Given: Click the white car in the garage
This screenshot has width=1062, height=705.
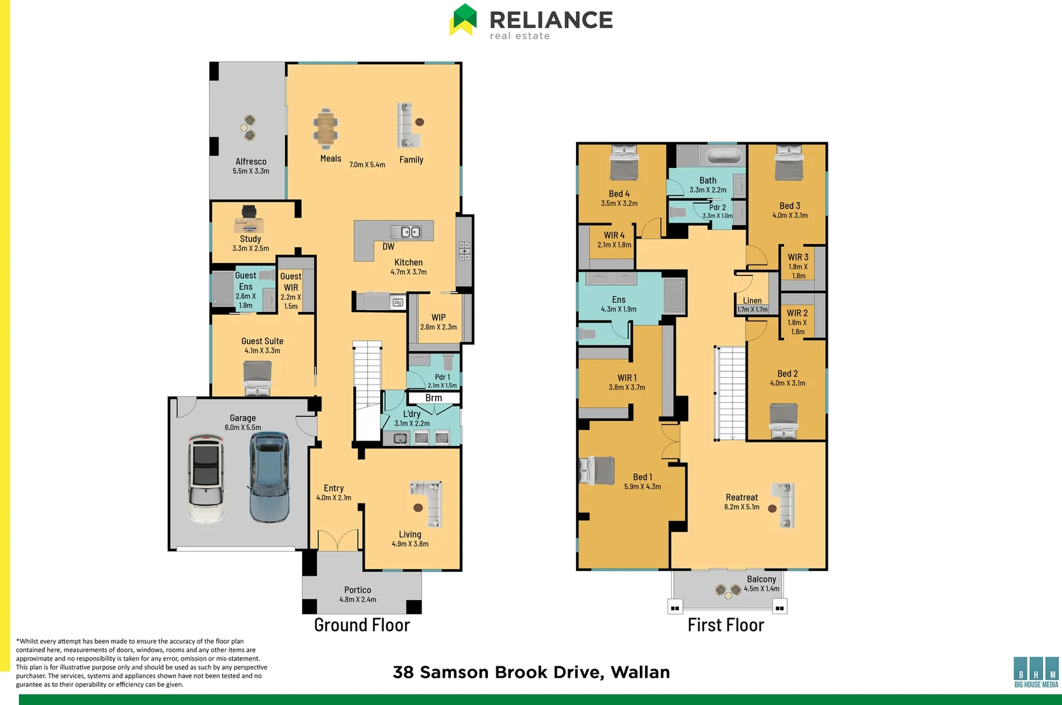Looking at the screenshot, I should click(205, 478).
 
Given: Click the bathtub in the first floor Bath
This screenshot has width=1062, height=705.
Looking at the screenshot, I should click(725, 157).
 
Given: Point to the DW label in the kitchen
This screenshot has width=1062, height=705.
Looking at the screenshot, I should click(388, 247).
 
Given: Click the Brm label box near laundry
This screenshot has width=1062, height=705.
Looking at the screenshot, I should click(434, 398).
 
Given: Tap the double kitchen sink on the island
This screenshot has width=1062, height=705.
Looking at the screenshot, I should click(405, 232).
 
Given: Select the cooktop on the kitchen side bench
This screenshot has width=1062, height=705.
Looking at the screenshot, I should click(464, 251).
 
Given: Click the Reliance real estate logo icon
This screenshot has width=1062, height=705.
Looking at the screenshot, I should click(463, 20).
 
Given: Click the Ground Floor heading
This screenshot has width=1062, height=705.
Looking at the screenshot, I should click(362, 625).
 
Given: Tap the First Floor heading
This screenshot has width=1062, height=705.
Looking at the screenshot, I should click(725, 625).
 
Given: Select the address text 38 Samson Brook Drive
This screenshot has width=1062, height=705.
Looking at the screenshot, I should click(531, 672).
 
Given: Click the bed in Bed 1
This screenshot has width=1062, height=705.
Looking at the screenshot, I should click(598, 470).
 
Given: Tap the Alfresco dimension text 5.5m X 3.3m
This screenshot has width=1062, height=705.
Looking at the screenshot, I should click(250, 171).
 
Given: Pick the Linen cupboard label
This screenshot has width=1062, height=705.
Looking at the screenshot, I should click(752, 301).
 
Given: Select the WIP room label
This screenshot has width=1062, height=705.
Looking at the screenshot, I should click(438, 317).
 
